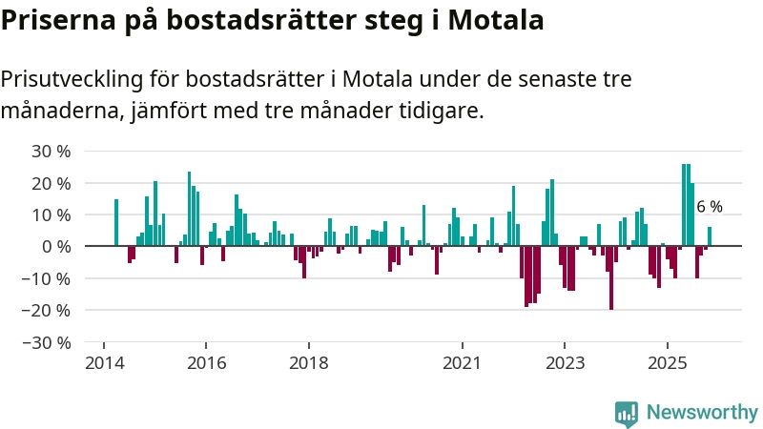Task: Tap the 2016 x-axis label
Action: click(206, 363)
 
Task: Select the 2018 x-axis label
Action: click(308, 363)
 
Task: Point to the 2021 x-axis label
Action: click(463, 363)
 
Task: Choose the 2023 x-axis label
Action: click(565, 363)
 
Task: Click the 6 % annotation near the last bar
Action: click(710, 207)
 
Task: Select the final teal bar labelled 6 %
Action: click(710, 236)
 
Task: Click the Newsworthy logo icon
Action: click(627, 413)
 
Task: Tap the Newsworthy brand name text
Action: click(702, 413)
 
